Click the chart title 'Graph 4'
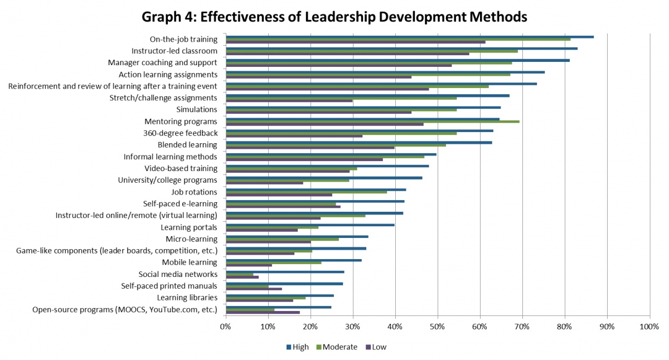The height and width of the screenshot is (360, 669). point(334,17)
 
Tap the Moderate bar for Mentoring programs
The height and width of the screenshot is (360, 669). point(372,121)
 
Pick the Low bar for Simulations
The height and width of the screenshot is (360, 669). point(318,112)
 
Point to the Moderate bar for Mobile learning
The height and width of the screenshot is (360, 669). point(273,263)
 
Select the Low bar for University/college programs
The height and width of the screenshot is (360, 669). point(264,183)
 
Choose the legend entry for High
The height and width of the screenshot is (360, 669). point(297,347)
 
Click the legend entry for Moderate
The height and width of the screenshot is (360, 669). point(338,347)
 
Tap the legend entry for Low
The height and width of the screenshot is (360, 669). point(376,347)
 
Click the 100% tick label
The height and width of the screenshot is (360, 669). point(649,326)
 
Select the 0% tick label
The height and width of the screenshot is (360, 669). point(225,326)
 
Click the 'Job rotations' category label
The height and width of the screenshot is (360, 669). point(194,192)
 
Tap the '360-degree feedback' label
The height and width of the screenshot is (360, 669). point(180,133)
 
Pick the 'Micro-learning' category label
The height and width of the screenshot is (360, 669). point(191,239)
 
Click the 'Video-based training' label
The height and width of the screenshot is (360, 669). point(181,168)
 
